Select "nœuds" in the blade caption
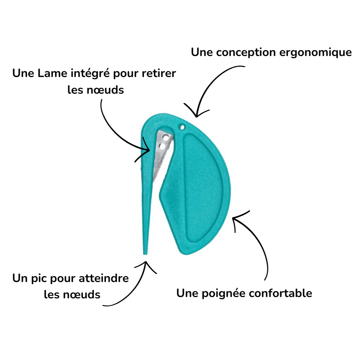(106, 90)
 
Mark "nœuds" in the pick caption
(83, 294)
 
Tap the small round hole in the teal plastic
(182, 127)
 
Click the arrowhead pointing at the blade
(149, 150)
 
